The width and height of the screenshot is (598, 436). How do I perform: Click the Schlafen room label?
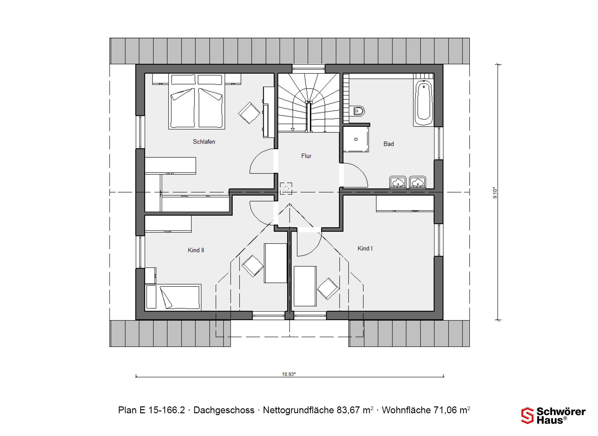pyautogui.click(x=204, y=142)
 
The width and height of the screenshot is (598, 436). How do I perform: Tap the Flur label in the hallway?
pyautogui.click(x=306, y=156)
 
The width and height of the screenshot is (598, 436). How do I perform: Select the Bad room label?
pyautogui.click(x=389, y=144)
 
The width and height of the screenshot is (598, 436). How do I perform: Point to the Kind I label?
pyautogui.click(x=365, y=249)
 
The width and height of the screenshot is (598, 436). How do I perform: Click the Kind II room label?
pyautogui.click(x=196, y=250)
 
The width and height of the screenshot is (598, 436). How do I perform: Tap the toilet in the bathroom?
pyautogui.click(x=359, y=111)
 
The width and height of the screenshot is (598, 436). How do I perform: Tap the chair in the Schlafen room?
pyautogui.click(x=249, y=113)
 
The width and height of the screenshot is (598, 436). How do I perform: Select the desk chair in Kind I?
pyautogui.click(x=328, y=289)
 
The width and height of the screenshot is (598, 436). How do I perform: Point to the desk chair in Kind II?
pyautogui.click(x=253, y=266)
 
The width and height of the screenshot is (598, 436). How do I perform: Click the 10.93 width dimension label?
pyautogui.click(x=289, y=374)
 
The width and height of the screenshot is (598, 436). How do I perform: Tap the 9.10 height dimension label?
pyautogui.click(x=495, y=193)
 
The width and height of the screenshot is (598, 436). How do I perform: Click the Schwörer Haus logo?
pyautogui.click(x=553, y=416)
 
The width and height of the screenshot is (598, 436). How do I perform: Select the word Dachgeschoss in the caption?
pyautogui.click(x=224, y=410)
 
